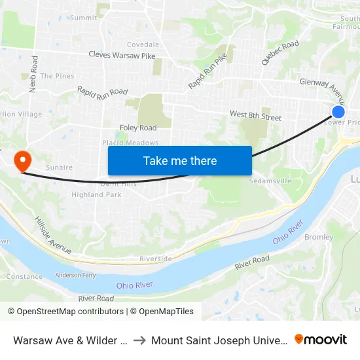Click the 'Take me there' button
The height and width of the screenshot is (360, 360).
click(180, 160)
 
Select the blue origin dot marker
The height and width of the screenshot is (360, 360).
click(338, 112)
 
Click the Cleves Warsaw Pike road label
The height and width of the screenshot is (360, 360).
click(122, 56)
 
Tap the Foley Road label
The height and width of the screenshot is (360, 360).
click(138, 128)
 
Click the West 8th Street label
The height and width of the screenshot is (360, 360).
click(255, 116)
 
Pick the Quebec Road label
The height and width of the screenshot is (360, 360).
click(280, 53)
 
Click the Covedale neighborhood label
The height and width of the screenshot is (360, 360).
click(143, 45)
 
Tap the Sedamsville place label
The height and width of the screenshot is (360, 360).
click(270, 181)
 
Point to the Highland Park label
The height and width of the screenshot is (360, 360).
click(97, 195)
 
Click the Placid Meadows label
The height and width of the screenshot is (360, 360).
click(130, 143)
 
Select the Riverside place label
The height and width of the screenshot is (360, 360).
click(155, 259)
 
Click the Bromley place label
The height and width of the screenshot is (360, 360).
click(319, 238)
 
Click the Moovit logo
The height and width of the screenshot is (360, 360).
click(321, 339)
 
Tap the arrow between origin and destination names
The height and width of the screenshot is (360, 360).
click(139, 340)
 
